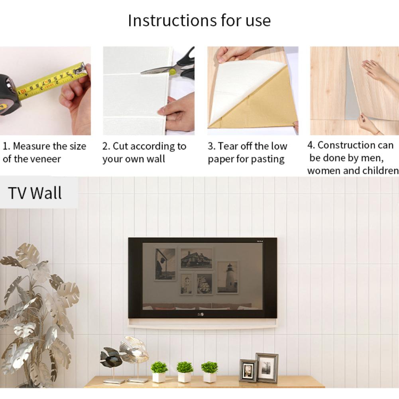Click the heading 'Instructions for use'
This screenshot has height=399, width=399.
click(199, 20)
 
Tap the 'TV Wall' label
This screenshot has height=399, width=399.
click(35, 193)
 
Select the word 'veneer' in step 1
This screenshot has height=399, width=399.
click(45, 159)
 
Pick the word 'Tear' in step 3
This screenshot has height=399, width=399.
click(228, 146)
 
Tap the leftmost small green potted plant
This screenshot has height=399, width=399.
click(159, 371)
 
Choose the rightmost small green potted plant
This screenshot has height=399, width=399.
click(209, 371)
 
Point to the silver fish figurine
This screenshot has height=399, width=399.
click(135, 350)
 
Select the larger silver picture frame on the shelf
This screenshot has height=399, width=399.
click(267, 368)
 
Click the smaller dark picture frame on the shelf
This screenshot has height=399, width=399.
click(248, 371)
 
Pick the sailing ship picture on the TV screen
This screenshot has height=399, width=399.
click(204, 284)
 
